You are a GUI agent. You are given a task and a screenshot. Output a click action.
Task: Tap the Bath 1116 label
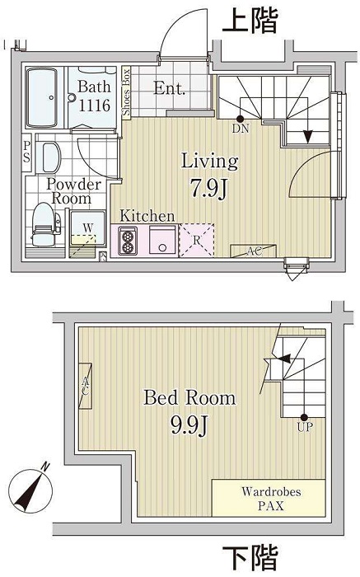tap(95, 96)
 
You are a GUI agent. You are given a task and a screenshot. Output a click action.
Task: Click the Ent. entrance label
tap(170, 88)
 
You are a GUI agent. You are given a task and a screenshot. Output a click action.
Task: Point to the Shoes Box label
tap(127, 92)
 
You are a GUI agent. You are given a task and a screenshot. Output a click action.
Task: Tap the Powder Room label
tap(73, 191)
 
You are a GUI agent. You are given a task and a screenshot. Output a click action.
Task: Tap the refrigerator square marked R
tap(196, 242)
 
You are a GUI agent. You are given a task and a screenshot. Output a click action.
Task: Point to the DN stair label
tap(241, 129)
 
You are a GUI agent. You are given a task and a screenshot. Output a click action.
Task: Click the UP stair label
tap(304, 428)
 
